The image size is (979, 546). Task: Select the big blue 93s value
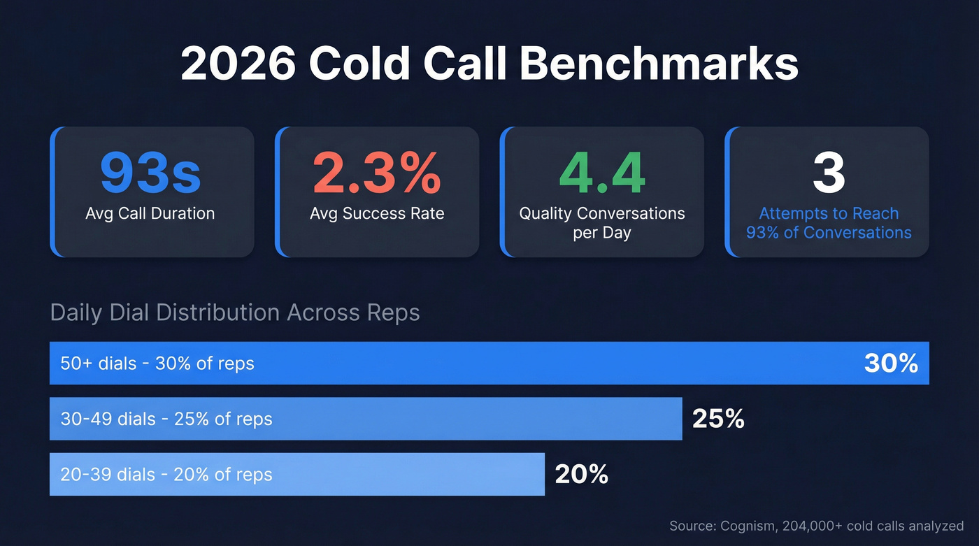coord(150,173)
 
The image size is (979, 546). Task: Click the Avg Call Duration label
coord(150,213)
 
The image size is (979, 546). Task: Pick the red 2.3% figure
coord(376,173)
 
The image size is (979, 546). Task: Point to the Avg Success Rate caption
coord(377,213)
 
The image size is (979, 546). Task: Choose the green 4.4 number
coord(601,173)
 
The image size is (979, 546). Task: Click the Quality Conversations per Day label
coord(601,222)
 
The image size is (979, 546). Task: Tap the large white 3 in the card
coord(829,173)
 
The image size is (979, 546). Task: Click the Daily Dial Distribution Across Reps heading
coord(235,312)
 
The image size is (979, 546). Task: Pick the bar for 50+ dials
coord(489,363)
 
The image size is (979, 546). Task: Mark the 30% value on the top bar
coord(891,363)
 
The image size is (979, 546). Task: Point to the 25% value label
coord(718,419)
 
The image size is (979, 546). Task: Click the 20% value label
coord(581,475)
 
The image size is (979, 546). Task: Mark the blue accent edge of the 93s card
coord(52,192)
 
